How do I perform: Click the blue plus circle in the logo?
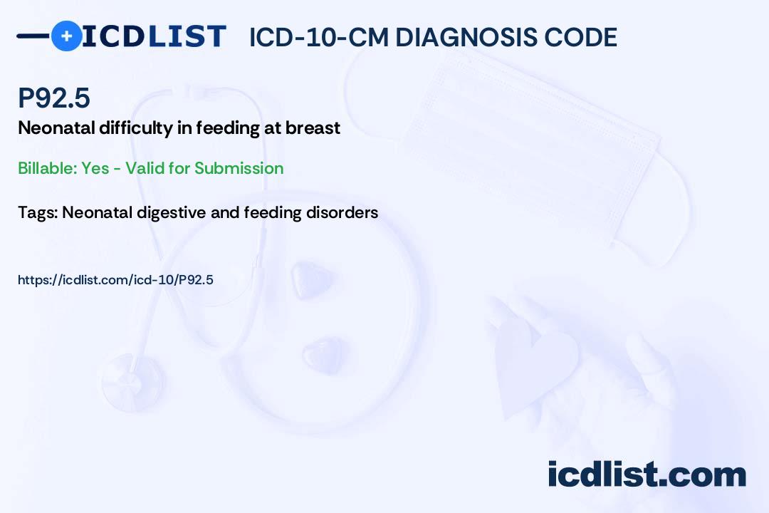click(66, 36)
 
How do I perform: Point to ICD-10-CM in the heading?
click(318, 37)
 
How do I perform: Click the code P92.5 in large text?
click(54, 98)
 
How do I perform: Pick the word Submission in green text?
click(239, 168)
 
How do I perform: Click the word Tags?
click(37, 212)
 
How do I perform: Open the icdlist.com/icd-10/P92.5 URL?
click(115, 280)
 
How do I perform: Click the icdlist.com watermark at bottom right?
click(647, 475)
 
